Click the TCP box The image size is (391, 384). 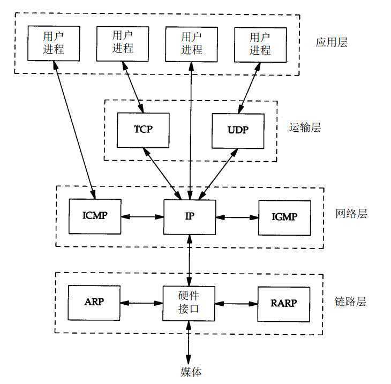(143, 130)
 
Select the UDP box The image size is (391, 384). (238, 130)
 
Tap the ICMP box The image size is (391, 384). (95, 216)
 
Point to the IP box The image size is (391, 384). (190, 217)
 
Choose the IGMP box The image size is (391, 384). (284, 217)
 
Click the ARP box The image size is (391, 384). (94, 302)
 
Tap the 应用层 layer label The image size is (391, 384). (331, 42)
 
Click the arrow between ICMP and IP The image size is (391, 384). (142, 217)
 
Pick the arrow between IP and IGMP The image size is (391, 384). (237, 217)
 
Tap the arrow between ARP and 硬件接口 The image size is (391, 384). (141, 303)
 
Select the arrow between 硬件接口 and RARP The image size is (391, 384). (236, 303)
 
